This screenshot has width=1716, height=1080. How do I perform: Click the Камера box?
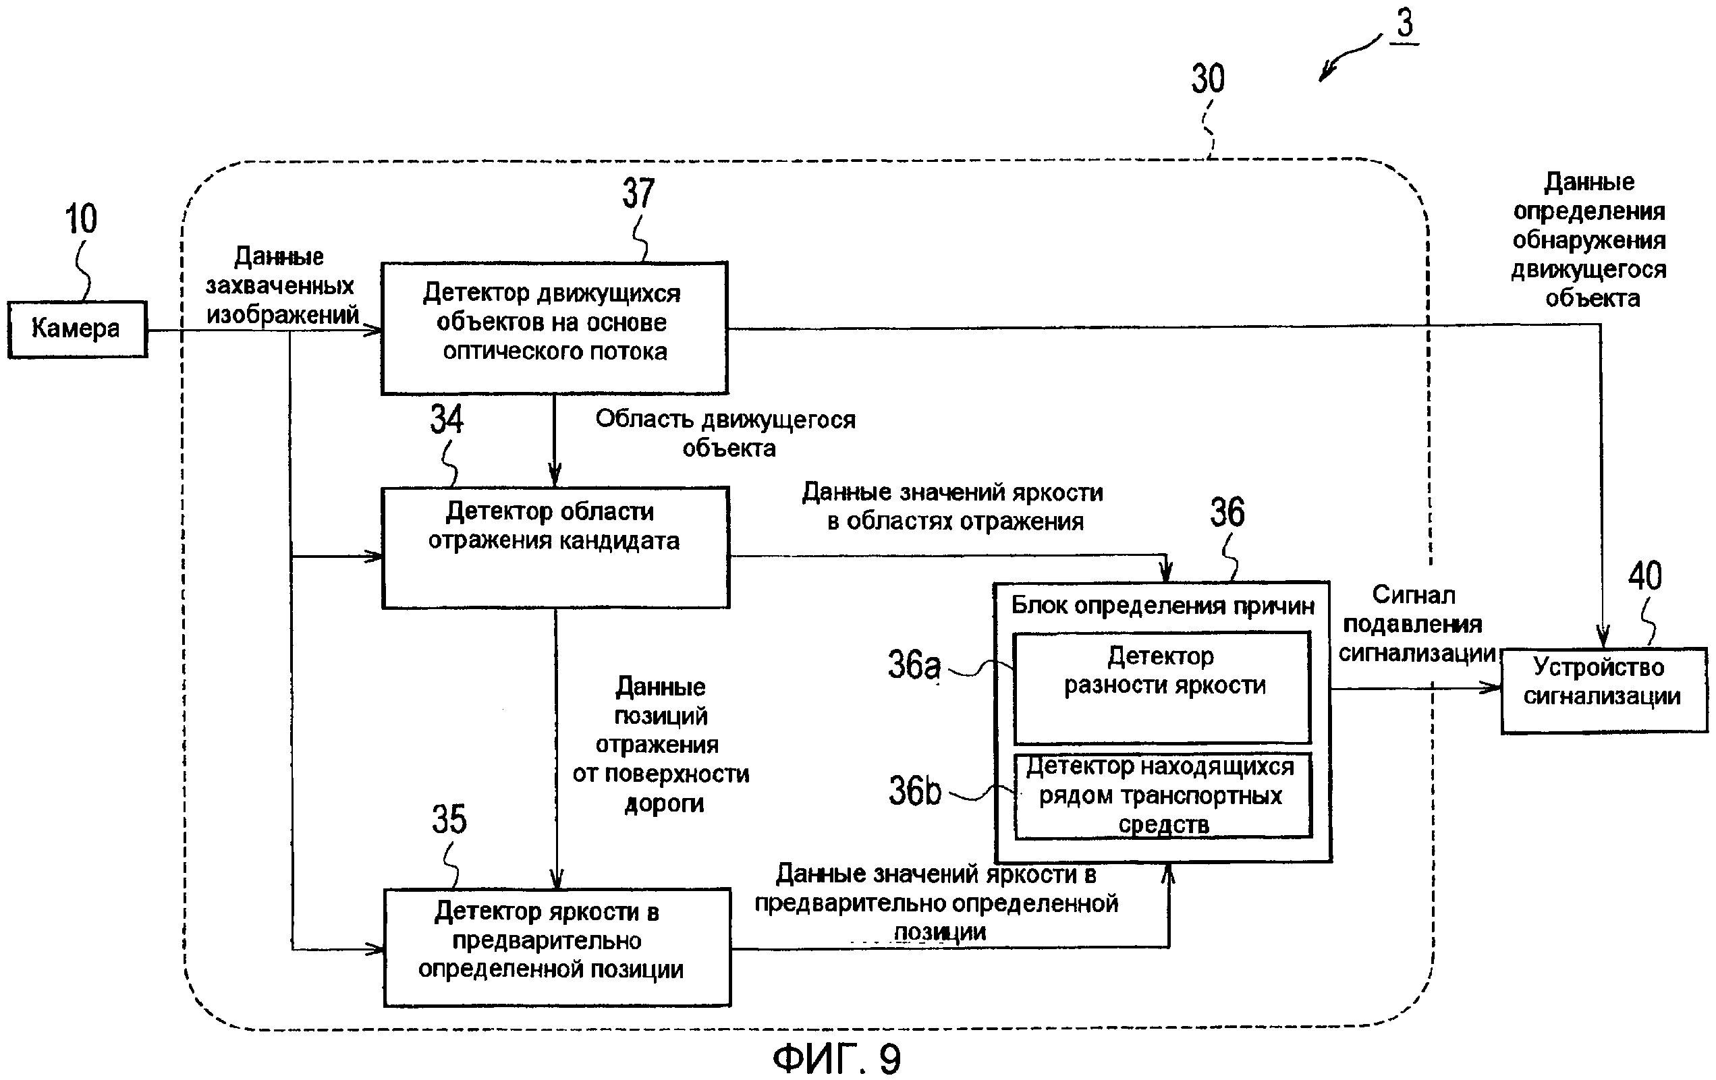77,329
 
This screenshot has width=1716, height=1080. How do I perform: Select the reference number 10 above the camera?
80,219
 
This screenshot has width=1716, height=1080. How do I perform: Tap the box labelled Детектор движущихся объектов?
554,328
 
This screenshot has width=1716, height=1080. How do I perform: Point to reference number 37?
637,193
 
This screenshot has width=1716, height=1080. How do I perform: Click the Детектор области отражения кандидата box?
555,547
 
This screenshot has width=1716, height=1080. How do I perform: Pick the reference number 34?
447,419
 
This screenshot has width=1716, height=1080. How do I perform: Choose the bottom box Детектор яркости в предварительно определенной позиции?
557,947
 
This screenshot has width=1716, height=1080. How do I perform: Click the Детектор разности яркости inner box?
1161,687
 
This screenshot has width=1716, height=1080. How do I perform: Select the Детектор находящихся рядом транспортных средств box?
1162,796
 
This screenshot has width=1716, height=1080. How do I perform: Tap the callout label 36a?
914,664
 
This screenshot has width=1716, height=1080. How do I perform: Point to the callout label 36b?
914,790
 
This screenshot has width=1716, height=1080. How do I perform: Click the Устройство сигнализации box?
1603,689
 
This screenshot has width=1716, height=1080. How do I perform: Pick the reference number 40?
1644,575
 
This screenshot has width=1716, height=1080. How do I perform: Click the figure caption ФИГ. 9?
837,1058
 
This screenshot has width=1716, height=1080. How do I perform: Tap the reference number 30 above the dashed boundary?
1208,79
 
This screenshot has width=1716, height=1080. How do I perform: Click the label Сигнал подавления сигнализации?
1414,624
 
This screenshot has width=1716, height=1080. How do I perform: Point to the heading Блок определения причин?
1162,606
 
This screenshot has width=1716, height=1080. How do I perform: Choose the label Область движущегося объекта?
725,433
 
